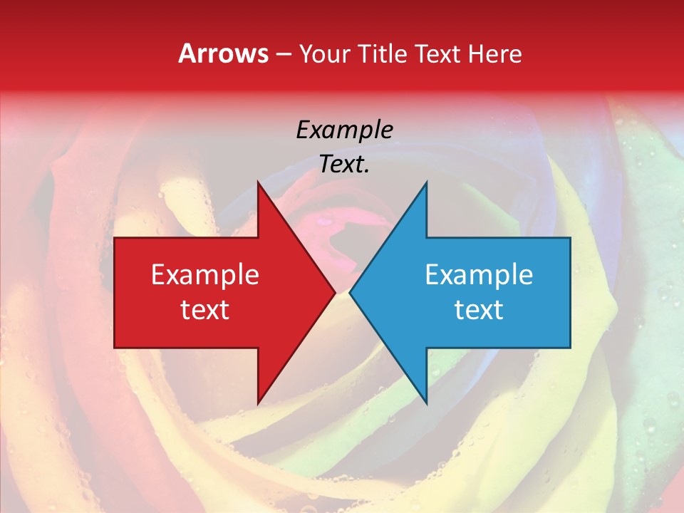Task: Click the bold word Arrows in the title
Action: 224,53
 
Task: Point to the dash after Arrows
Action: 284,54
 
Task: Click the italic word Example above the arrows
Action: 344,130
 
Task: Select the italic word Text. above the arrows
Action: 344,165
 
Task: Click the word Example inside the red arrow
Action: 205,275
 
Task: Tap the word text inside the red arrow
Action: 205,310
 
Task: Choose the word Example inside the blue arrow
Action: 479,275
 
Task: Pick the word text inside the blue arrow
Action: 479,310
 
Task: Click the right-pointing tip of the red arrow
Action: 334,293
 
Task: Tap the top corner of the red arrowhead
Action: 258,183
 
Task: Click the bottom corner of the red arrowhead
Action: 258,403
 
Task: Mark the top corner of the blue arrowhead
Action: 426,183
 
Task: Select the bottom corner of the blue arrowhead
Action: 426,403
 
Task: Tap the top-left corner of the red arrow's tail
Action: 115,239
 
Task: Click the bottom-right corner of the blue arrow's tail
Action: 569,347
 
